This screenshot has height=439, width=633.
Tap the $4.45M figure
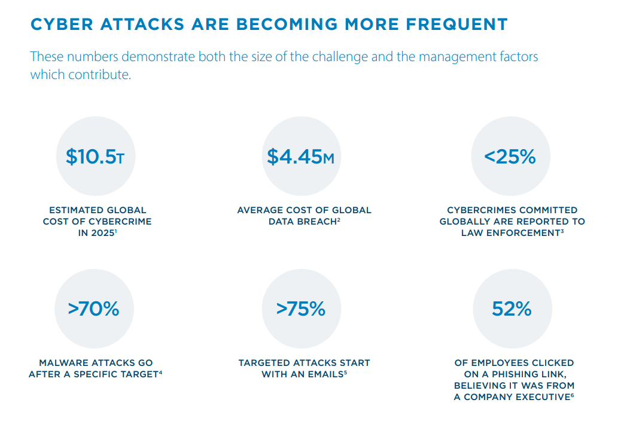tap(301, 157)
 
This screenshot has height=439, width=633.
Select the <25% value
tap(510, 157)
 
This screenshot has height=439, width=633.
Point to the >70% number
tap(93, 309)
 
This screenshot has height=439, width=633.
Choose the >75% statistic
tap(301, 309)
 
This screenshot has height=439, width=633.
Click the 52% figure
tap(512, 309)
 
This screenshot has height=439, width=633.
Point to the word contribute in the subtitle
tap(100, 75)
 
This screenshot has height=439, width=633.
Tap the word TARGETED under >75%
tap(266, 363)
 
